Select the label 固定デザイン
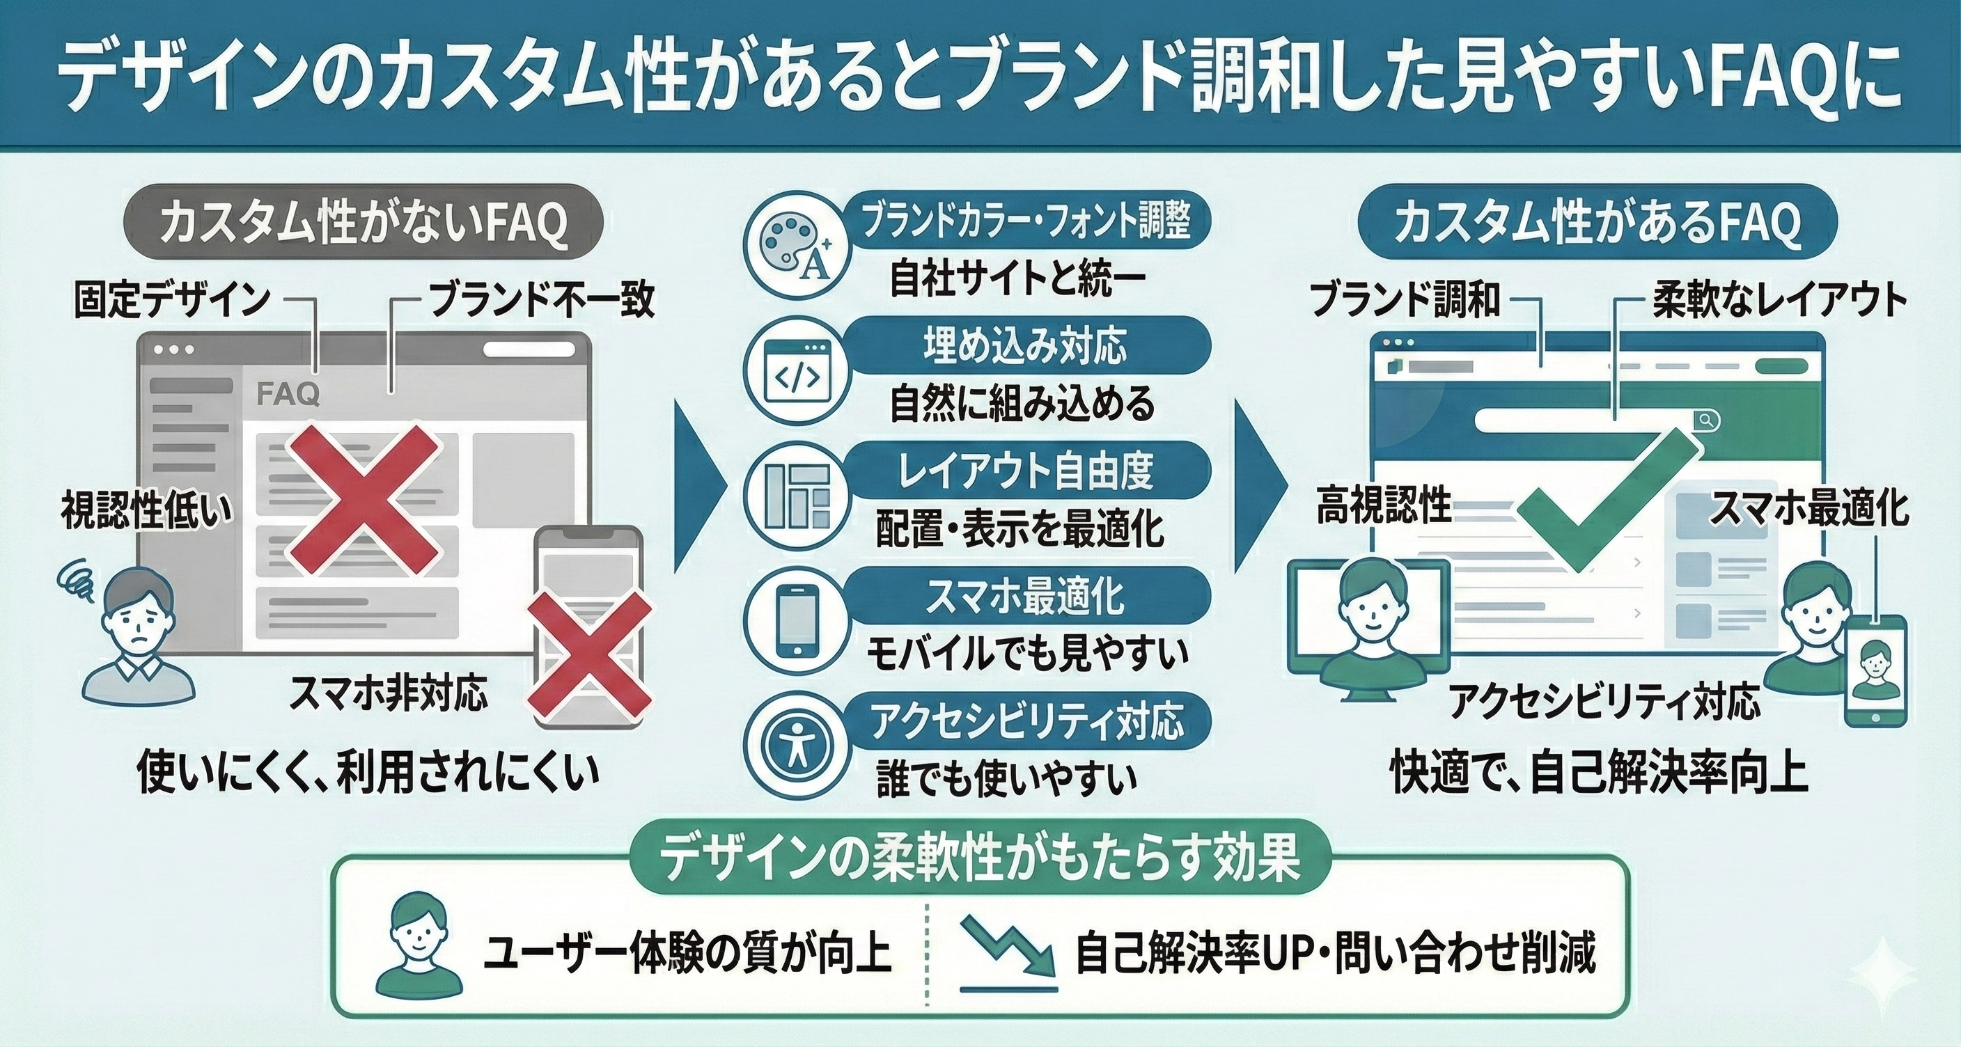point(172,300)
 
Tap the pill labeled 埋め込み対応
point(1024,346)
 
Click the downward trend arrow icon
point(1006,948)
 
